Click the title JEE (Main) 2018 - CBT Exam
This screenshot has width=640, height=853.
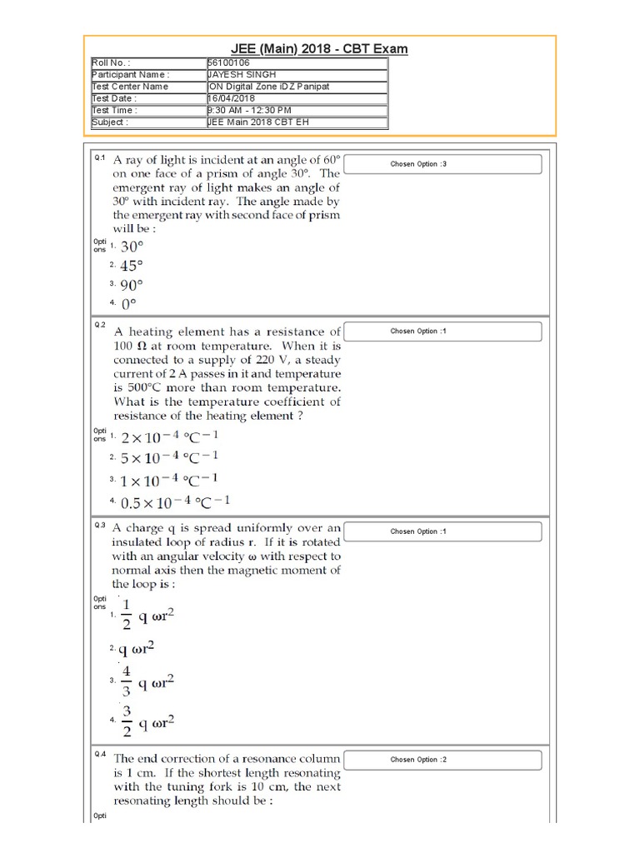(x=319, y=48)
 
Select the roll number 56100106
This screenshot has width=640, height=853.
(x=230, y=62)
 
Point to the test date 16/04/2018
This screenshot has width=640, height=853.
(x=232, y=98)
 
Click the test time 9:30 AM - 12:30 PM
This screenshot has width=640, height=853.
(x=250, y=110)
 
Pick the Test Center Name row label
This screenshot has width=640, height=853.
(x=130, y=87)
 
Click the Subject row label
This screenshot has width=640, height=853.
(x=110, y=122)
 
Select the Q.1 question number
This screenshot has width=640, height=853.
(x=99, y=158)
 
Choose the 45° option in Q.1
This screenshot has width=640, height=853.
(x=132, y=266)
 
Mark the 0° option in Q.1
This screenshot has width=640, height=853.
(x=128, y=304)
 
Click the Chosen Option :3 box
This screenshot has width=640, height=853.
(x=442, y=164)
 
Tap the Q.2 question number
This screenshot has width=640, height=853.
(x=99, y=325)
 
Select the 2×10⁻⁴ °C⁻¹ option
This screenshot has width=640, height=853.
(x=170, y=436)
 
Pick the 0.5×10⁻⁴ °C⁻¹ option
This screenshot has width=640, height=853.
(x=175, y=502)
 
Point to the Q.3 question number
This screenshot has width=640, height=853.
(x=99, y=525)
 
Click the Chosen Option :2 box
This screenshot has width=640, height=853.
(x=442, y=760)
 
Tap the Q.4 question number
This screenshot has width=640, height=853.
(x=99, y=755)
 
